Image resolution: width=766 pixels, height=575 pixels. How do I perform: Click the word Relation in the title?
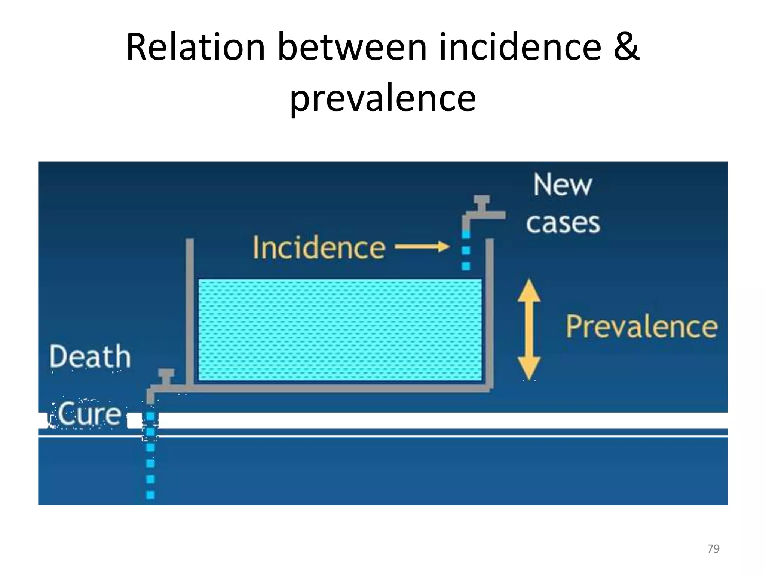coord(195,47)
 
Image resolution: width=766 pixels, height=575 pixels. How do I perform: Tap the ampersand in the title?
coord(626,47)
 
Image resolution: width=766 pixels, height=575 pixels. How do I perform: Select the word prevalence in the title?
coord(383,98)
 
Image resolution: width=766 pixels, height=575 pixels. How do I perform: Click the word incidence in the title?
coord(520,47)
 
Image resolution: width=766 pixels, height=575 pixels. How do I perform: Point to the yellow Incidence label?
coord(319,247)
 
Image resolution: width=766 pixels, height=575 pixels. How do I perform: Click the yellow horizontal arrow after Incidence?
coord(422,247)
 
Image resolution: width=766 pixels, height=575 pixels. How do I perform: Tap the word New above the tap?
coord(563,185)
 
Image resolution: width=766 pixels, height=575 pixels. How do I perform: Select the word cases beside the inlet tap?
coord(563,223)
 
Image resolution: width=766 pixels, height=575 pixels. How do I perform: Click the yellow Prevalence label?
coord(641,327)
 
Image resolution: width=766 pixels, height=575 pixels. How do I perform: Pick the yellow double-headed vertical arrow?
coord(529,330)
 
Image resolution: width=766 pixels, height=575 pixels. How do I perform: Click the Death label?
coord(90,357)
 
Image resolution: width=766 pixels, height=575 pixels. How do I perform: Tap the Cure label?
coord(90,414)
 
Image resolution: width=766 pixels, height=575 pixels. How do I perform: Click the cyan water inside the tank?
coord(340,330)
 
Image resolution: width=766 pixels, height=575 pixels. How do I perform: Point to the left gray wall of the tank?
coord(190,311)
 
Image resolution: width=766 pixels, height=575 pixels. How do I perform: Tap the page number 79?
coord(713,549)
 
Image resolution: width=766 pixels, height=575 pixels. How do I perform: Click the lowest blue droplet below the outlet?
coord(150,495)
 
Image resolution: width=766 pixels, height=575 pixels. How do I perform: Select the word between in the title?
coord(352,47)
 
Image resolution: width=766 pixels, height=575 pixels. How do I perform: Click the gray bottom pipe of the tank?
coord(337,389)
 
